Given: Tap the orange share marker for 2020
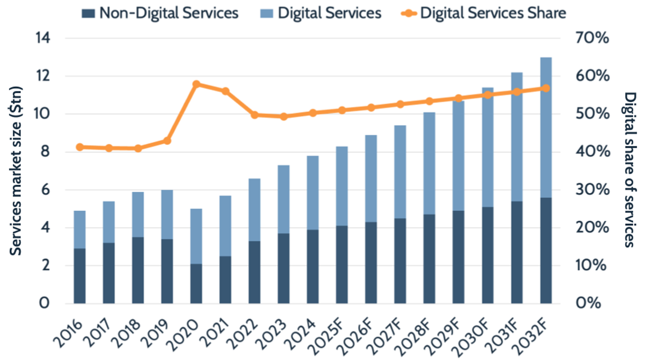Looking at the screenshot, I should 196,84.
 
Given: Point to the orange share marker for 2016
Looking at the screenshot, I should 80,147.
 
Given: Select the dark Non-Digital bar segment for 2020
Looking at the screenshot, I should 196,284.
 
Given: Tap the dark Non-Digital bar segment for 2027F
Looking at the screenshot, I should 400,261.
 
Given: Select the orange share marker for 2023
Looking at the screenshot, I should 284,116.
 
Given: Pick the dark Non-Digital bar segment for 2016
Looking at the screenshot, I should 80,276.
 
